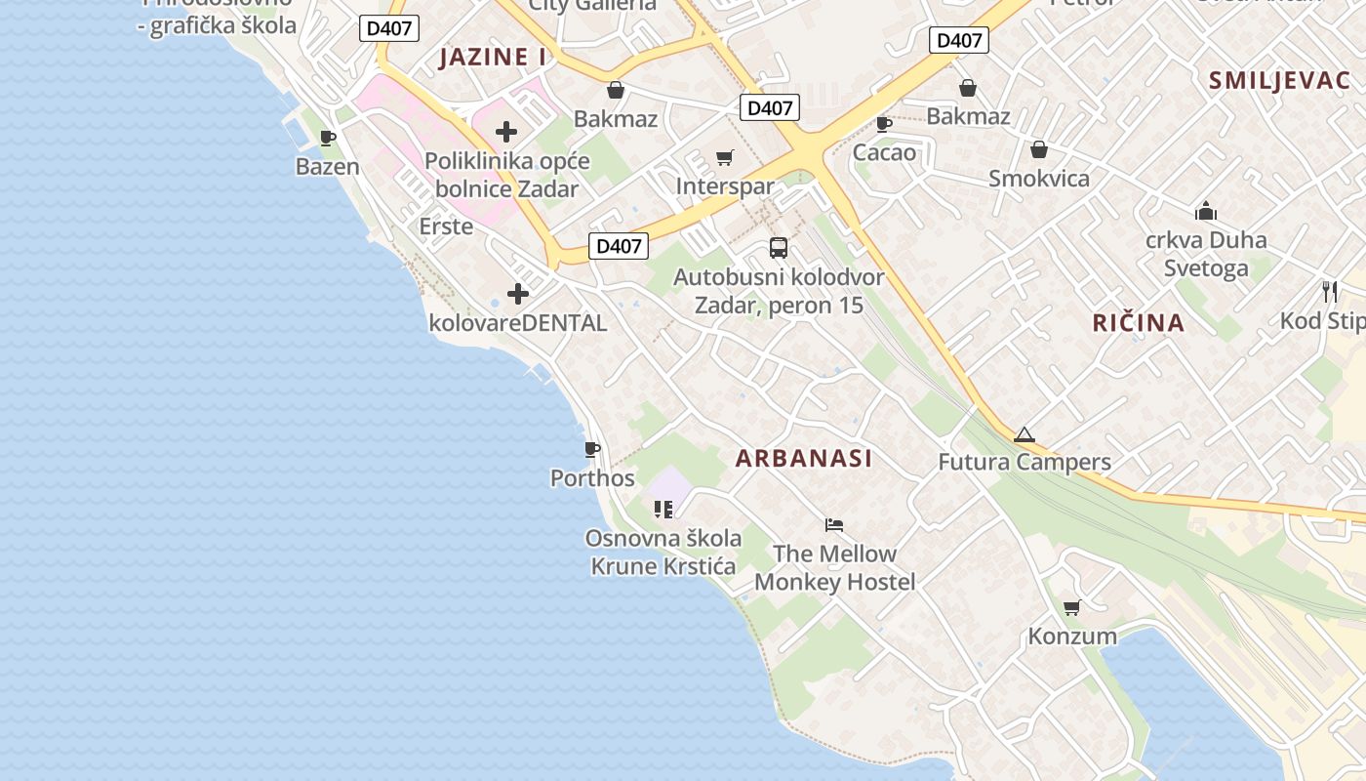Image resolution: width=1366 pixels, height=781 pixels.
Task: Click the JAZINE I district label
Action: [493, 57]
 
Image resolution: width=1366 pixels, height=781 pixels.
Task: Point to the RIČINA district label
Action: [1139, 322]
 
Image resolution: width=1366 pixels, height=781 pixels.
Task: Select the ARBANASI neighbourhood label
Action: [804, 458]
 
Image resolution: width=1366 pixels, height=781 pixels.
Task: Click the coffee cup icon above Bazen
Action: [328, 138]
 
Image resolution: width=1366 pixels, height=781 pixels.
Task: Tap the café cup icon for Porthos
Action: [592, 449]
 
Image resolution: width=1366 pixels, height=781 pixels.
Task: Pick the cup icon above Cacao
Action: [884, 124]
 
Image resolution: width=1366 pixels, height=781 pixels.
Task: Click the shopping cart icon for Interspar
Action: [725, 157]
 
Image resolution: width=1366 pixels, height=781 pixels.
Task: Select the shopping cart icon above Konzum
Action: [1071, 608]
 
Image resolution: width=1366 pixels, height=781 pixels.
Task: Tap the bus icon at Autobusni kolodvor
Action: [779, 248]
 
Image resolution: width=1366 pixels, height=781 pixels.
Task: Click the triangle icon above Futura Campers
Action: [1024, 434]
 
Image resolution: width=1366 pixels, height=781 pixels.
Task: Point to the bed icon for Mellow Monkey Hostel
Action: [834, 525]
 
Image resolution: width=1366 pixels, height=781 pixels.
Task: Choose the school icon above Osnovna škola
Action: [664, 509]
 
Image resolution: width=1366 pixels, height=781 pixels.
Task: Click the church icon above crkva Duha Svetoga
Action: [1206, 211]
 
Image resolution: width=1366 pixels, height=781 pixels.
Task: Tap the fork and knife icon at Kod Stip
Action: [1330, 291]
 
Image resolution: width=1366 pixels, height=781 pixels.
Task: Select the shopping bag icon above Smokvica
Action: [1039, 149]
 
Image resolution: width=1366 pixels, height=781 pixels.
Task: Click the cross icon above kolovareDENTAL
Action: [518, 293]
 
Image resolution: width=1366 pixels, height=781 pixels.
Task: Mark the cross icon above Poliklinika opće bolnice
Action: [506, 131]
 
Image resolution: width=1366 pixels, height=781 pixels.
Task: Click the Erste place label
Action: [446, 226]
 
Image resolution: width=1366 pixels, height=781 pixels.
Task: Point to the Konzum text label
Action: [1072, 637]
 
